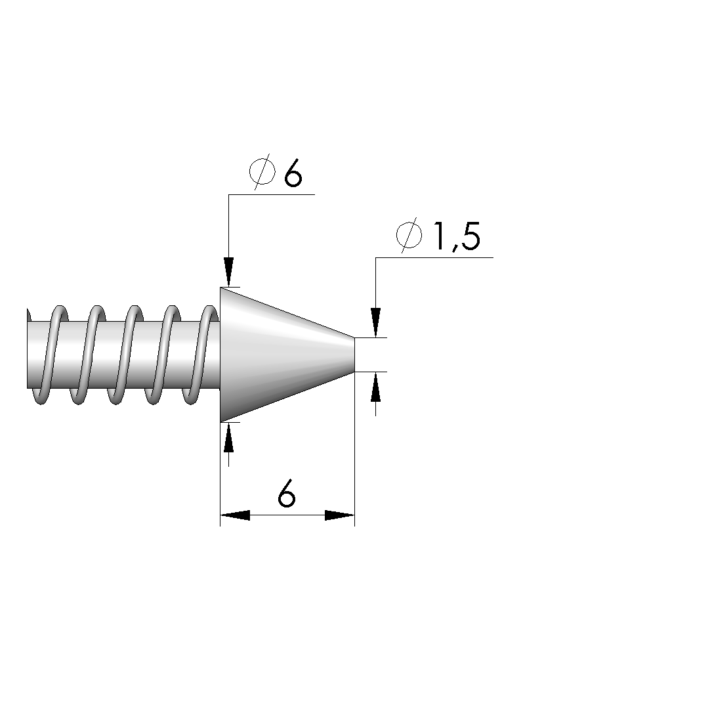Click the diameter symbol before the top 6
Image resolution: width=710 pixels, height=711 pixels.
click(x=262, y=172)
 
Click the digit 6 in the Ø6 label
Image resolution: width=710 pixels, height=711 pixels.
click(x=293, y=173)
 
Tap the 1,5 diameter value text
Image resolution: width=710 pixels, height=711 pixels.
click(x=457, y=236)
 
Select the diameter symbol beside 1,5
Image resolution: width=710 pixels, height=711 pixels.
click(x=409, y=235)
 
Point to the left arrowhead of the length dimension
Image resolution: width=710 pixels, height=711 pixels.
click(x=235, y=515)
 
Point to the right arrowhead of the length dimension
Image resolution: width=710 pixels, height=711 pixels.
click(x=340, y=515)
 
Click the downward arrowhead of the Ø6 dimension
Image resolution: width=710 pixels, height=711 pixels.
click(x=229, y=272)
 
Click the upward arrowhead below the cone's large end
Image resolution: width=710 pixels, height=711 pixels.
click(x=229, y=437)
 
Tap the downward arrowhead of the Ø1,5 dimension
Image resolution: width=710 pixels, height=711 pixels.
click(x=375, y=323)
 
